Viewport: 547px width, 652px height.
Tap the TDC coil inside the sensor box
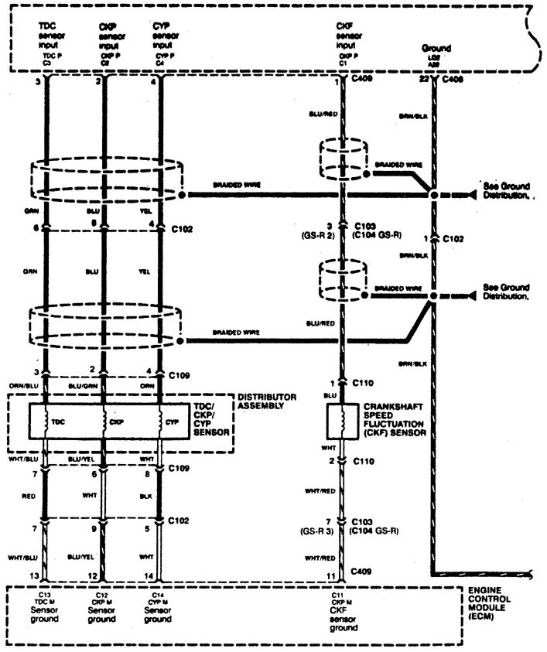47,422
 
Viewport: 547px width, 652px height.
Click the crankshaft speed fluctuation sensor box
339,421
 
